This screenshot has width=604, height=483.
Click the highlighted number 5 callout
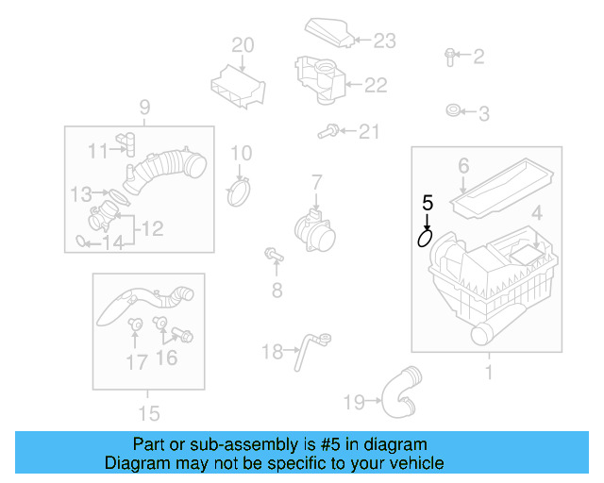coord(428,202)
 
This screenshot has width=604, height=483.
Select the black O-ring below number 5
coord(426,239)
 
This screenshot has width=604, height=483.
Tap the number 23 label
coord(384,40)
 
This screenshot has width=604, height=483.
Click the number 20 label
coord(243,44)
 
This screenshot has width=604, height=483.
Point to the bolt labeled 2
coord(451,57)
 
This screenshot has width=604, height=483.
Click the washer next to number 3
coord(453,113)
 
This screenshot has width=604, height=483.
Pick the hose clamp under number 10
coord(242,192)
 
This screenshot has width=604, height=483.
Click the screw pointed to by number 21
coord(330,131)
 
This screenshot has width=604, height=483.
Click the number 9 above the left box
coord(144,106)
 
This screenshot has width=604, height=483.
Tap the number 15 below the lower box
coord(148,412)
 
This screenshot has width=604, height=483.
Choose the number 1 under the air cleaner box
coord(488,373)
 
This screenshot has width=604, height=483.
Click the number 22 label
coord(375,85)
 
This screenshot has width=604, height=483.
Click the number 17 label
coord(137,360)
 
